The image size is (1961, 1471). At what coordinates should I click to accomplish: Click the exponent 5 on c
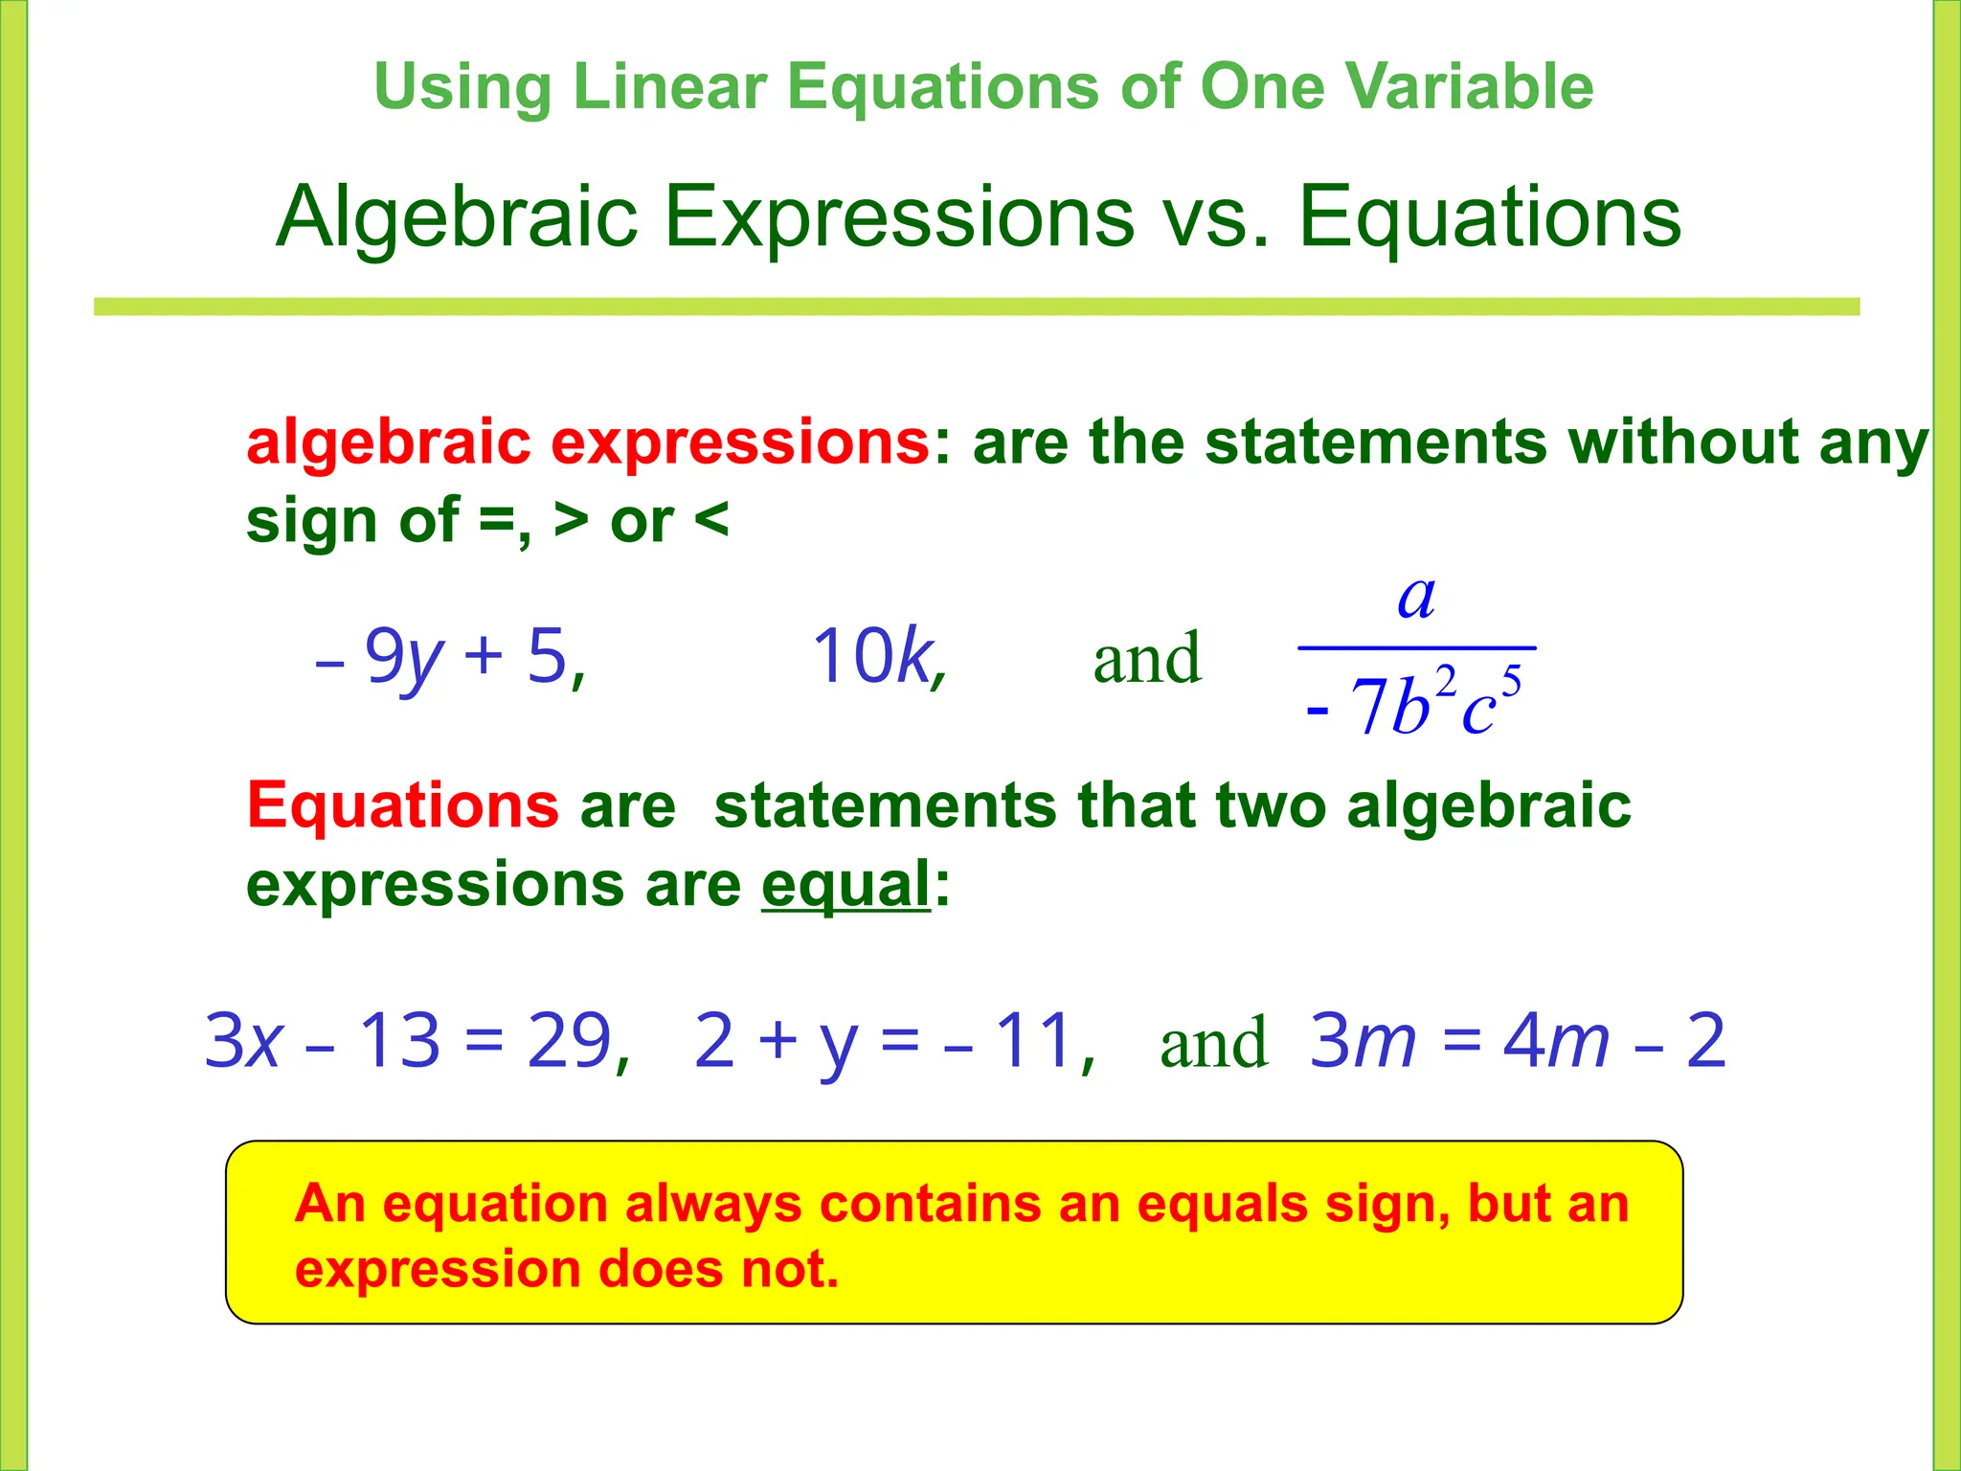click(x=1511, y=682)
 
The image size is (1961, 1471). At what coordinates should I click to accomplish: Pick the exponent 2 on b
click(x=1446, y=682)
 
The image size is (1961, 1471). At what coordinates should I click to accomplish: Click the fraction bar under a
click(x=1416, y=648)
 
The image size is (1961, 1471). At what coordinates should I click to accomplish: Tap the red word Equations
click(x=402, y=805)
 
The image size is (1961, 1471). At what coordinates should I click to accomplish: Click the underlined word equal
click(x=845, y=884)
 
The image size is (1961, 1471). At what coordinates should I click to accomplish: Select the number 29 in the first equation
click(x=569, y=1040)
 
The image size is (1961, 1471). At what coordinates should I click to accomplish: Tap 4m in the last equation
click(x=1556, y=1040)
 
